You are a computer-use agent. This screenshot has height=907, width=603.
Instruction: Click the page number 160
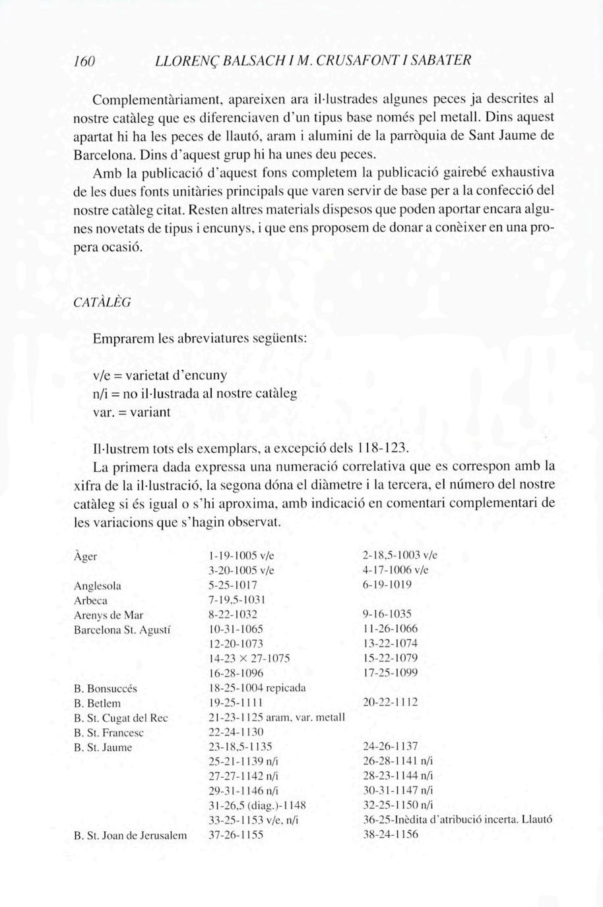tap(85, 61)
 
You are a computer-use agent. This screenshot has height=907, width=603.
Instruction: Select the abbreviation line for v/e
tap(160, 376)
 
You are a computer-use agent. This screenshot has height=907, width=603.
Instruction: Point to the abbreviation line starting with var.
tap(131, 413)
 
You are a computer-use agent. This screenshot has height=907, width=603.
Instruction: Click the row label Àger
tap(86, 556)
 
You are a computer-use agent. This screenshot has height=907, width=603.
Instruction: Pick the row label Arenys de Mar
tap(108, 615)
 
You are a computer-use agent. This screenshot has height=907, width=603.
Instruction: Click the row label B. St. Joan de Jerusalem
tap(130, 835)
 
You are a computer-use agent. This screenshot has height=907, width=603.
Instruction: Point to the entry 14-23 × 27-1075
tap(249, 658)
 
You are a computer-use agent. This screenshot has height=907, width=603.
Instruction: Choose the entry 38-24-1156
tap(391, 834)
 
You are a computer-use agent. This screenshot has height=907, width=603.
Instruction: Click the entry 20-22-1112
tap(391, 703)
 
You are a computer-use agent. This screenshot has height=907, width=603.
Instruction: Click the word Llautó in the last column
tap(536, 820)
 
